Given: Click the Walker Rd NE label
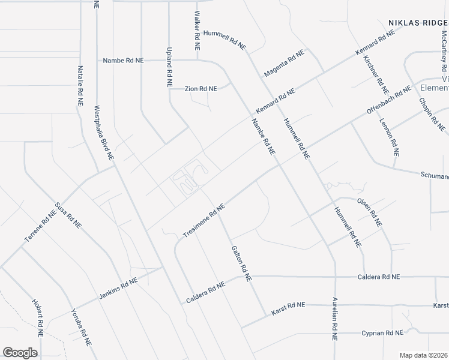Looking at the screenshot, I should [196, 30].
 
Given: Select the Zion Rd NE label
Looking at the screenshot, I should [200, 89].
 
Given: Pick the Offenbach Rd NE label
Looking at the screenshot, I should [389, 100].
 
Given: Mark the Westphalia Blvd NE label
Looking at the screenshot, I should [103, 133].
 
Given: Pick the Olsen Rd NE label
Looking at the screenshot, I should [369, 211].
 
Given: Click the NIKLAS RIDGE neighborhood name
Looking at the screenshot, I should [417, 23].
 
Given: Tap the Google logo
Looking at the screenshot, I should [20, 353].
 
